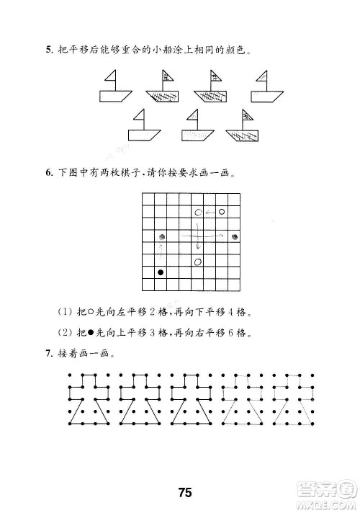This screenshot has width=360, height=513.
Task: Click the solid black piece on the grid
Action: (161, 272)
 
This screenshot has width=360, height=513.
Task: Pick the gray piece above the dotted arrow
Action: (161, 236)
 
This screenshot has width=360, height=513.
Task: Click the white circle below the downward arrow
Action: (197, 261)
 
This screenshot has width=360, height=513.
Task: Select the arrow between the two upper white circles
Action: (210, 213)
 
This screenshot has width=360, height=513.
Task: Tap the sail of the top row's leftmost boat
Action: (111, 77)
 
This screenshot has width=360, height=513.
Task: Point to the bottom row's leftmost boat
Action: (142, 126)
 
